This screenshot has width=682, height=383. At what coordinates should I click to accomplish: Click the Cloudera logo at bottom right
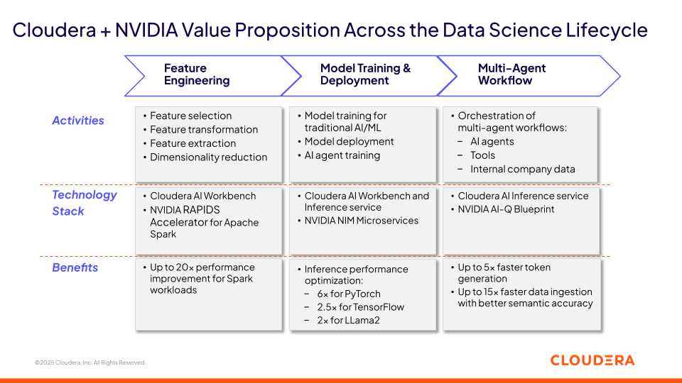592,360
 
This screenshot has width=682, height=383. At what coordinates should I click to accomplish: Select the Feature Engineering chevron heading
197,74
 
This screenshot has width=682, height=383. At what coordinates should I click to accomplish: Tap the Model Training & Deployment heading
365,74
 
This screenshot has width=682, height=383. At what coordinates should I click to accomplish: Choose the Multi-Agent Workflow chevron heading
511,74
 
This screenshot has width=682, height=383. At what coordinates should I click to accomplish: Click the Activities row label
78,121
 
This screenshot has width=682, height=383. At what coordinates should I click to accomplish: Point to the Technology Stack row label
84,203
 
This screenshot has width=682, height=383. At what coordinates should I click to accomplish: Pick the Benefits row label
75,267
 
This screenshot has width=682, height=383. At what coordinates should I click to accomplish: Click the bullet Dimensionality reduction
208,157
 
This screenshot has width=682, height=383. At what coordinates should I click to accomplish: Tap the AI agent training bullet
342,155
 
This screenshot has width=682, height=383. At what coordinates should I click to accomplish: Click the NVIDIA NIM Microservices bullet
362,221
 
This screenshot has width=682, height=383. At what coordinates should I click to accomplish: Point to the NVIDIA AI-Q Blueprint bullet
506,209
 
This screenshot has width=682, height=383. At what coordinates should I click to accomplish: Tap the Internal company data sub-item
522,169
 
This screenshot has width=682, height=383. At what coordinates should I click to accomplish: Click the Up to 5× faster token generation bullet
504,273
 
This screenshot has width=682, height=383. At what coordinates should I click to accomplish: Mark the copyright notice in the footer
90,362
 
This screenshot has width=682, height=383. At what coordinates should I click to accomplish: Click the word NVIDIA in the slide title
146,30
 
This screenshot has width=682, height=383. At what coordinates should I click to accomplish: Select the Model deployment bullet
349,142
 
